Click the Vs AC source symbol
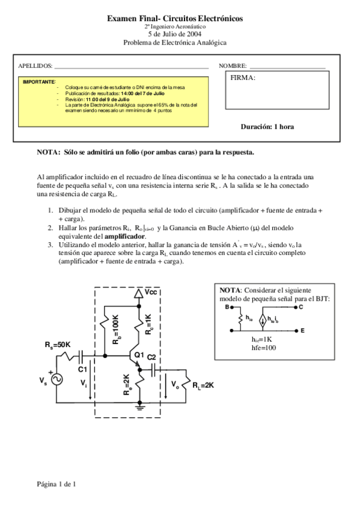pos(58,379)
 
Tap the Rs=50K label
pos(58,345)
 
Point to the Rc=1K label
pos(149,325)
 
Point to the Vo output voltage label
pos(175,384)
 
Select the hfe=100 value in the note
pos(264,348)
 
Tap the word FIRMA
pos(243,78)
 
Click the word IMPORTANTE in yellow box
pos(39,81)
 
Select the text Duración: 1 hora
pos(267,127)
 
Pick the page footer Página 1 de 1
pos(56,484)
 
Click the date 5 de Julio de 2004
pos(174,34)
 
